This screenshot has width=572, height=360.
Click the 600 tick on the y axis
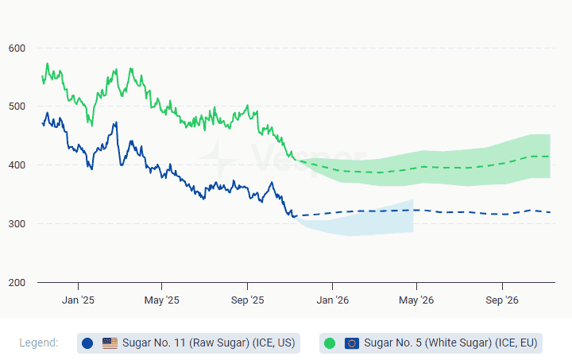17,48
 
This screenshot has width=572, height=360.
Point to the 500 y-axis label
17,106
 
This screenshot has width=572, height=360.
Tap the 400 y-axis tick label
17,165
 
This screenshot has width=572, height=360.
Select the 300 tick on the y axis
17,224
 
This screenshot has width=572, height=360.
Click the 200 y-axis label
17,283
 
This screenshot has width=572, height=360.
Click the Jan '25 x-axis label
78,300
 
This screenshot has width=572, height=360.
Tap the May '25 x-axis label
162,300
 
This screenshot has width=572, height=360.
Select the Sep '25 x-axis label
247,300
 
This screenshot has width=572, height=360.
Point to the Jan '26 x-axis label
332,300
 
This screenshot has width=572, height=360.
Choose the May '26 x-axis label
416,300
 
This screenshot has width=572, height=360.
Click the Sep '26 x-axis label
501,300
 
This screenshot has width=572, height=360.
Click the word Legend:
39,343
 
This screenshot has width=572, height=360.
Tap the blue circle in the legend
87,343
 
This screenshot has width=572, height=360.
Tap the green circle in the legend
330,343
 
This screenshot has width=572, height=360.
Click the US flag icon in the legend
110,343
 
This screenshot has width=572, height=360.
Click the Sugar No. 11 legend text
208,343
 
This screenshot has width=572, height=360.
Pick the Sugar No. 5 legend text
450,343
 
